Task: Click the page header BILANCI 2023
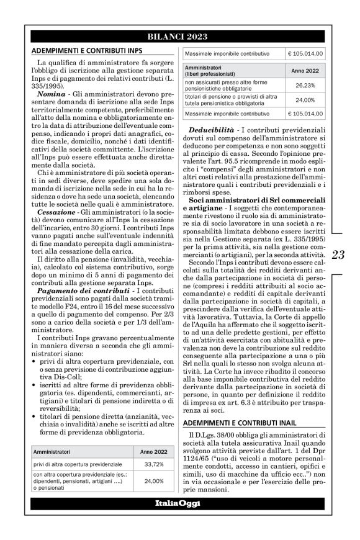[180, 36]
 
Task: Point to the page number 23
[338, 254]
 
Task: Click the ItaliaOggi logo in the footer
[180, 502]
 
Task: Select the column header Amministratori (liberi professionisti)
[218, 70]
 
